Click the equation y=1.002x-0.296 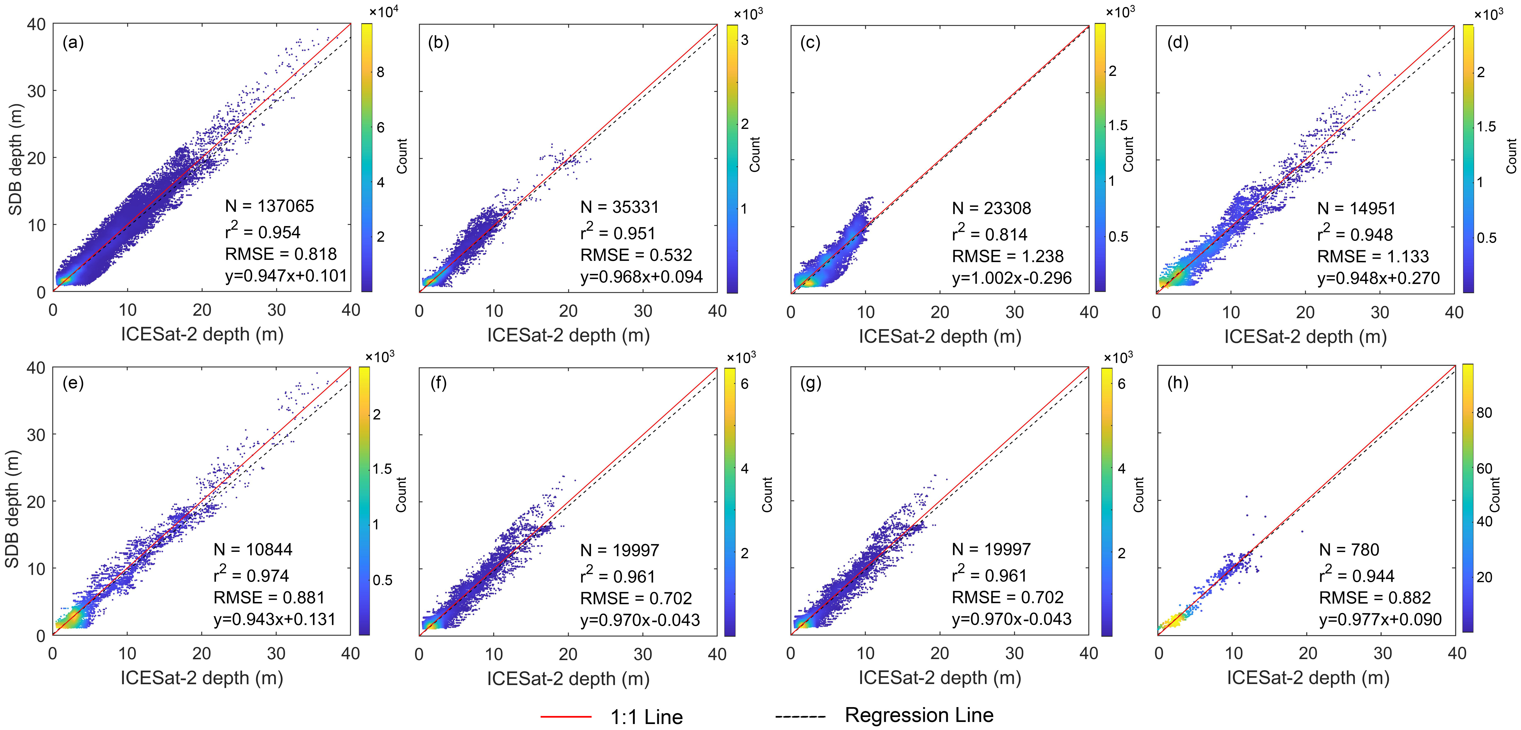coord(1011,278)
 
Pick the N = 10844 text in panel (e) coord(253,549)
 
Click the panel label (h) coord(1178,383)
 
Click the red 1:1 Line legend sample coord(566,716)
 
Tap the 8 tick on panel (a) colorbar coord(380,72)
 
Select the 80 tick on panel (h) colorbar coord(1484,412)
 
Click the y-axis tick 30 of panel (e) coord(36,435)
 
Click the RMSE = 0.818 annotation coord(280,254)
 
